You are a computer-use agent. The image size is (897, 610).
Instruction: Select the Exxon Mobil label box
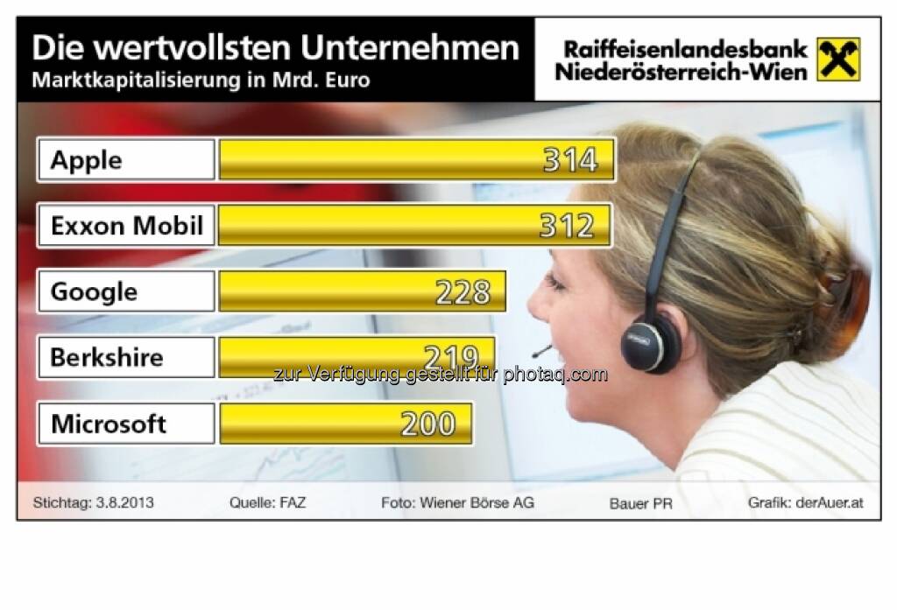pyautogui.click(x=125, y=226)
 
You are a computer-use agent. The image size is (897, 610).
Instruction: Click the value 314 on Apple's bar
pyautogui.click(x=570, y=160)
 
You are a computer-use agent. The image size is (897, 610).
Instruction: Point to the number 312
pyautogui.click(x=567, y=226)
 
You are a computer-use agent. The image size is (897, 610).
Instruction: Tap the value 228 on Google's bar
pyautogui.click(x=463, y=291)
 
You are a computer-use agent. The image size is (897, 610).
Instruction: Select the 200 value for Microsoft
pyautogui.click(x=428, y=424)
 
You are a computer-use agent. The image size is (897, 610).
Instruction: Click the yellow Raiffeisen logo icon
pyautogui.click(x=838, y=60)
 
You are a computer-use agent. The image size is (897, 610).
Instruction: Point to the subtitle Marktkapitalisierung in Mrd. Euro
pyautogui.click(x=201, y=81)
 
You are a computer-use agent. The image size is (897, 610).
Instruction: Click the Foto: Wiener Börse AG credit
pyautogui.click(x=457, y=503)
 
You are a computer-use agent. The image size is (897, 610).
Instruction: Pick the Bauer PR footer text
pyautogui.click(x=641, y=504)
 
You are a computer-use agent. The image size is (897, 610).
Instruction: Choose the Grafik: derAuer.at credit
pyautogui.click(x=806, y=503)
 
